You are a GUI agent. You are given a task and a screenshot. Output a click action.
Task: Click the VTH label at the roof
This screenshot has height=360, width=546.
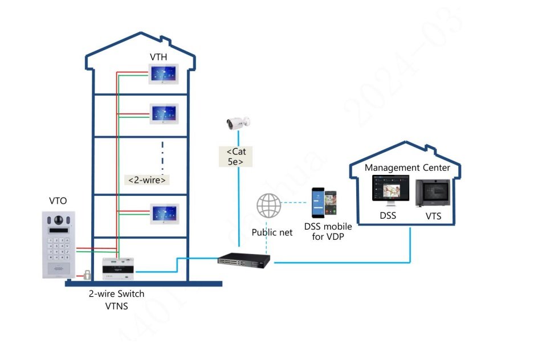coord(159,57)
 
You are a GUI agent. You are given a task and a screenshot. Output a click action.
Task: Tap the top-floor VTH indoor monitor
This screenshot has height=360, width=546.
coord(165,73)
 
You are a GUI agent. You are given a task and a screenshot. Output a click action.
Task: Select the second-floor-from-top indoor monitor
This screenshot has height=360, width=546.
coord(165,114)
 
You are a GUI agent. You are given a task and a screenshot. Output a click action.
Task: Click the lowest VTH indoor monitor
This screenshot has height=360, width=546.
coord(165,215)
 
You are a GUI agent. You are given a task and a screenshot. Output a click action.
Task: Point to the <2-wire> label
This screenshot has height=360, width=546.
coord(147,180)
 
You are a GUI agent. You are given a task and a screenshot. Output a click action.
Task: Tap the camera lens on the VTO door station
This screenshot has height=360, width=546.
coord(58,220)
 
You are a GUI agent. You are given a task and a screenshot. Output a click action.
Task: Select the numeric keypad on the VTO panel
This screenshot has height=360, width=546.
coord(59,249)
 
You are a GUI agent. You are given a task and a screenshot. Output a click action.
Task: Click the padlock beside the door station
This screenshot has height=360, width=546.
coord(87,275)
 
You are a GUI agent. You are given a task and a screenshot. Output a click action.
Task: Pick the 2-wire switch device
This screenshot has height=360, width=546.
coord(121,269)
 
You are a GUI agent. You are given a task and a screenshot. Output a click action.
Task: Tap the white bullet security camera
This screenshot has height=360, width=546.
coord(238,122)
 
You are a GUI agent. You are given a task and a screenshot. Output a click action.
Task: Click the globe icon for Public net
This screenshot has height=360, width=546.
coord(268,205)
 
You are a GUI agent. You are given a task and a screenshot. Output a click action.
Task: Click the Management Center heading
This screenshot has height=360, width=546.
coord(408,167)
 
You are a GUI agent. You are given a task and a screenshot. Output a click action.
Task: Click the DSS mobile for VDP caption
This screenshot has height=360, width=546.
coord(328,231)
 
